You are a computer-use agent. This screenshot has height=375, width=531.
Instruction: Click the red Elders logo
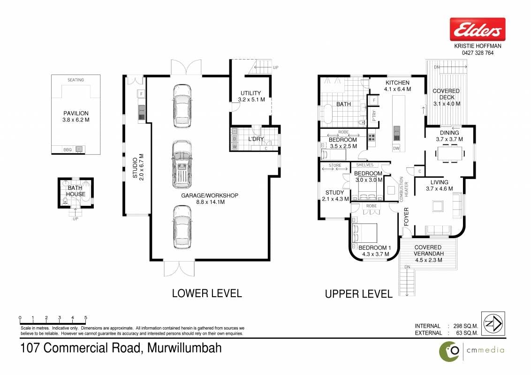point(478,30)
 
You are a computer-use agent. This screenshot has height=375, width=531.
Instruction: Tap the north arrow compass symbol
point(493,323)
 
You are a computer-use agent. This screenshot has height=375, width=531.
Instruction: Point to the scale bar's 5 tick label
point(86,317)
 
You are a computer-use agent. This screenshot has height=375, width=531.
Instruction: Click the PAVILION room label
point(76,113)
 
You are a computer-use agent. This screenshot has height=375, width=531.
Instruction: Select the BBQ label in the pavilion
point(68,150)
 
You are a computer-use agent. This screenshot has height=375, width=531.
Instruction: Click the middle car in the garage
point(182,165)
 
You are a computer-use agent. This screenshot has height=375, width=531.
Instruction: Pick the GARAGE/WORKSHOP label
point(210,195)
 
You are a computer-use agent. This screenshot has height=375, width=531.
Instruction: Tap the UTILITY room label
point(250,93)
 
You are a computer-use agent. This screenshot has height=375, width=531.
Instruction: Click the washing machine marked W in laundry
point(235,147)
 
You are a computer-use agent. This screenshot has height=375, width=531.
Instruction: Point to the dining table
point(450,153)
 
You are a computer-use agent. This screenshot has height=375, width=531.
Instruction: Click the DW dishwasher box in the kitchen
point(396,148)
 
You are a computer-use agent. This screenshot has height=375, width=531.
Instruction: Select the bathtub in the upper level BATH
point(328,114)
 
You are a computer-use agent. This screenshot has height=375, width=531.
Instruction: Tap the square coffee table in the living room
point(438,206)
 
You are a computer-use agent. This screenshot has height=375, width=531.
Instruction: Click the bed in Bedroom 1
point(365,233)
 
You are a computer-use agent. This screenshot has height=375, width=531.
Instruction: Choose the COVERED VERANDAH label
point(428,250)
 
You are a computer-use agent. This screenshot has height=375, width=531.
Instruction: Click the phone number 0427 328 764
point(478,53)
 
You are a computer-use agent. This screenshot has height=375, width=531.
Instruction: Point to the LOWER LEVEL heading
point(207,293)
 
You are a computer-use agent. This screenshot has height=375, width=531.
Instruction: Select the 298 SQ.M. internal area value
point(466,326)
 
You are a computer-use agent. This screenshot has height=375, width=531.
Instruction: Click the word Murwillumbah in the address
point(184,348)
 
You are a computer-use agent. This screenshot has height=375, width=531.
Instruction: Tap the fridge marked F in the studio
point(141,94)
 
